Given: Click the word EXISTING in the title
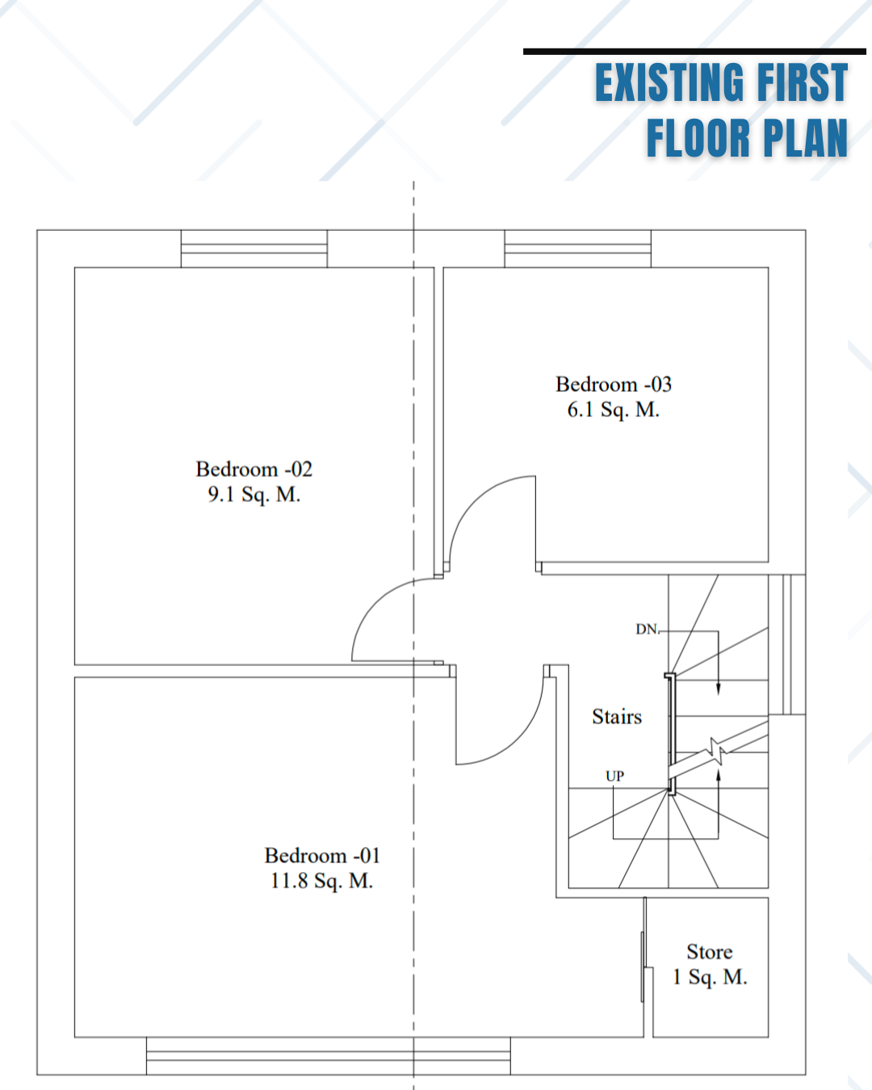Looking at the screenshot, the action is (669, 82).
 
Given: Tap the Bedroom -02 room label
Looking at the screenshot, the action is (254, 469).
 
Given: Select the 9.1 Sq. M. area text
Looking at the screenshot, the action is (254, 494).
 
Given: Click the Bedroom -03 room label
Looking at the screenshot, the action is (614, 384).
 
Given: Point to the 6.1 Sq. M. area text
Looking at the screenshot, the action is (614, 410).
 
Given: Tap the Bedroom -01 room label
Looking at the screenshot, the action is (322, 856).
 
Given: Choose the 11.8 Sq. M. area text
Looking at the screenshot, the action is (322, 881).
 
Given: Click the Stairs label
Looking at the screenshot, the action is (617, 717).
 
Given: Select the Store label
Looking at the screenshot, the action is (710, 952).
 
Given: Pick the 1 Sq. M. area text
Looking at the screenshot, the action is (710, 977).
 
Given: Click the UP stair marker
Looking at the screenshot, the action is (614, 776).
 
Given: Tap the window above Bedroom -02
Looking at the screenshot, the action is (254, 249).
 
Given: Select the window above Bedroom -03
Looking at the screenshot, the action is (577, 249).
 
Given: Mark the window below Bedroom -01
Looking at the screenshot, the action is (329, 1056).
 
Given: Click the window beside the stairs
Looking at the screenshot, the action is (787, 644).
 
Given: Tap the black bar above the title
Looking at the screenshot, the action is (694, 51).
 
